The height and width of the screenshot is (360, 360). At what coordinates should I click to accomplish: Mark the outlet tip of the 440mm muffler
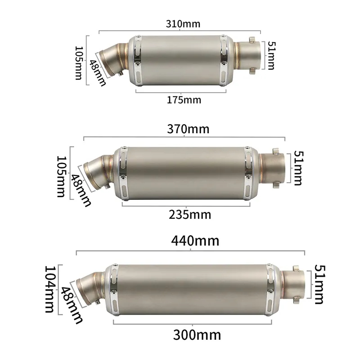(x=295, y=283)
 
